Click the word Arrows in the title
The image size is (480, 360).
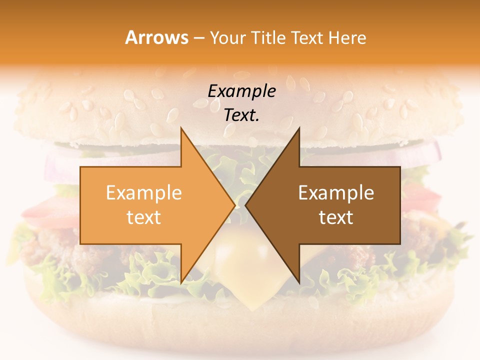157,37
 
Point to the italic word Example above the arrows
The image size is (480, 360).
242,91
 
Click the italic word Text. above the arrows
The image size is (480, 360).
242,115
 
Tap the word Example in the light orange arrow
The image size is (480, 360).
144,193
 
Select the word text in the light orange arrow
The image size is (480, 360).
144,217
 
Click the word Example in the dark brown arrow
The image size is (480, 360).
336,193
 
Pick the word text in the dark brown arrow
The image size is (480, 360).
336,217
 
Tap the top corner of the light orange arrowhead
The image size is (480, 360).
181,129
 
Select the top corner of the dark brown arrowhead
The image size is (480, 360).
299,129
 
